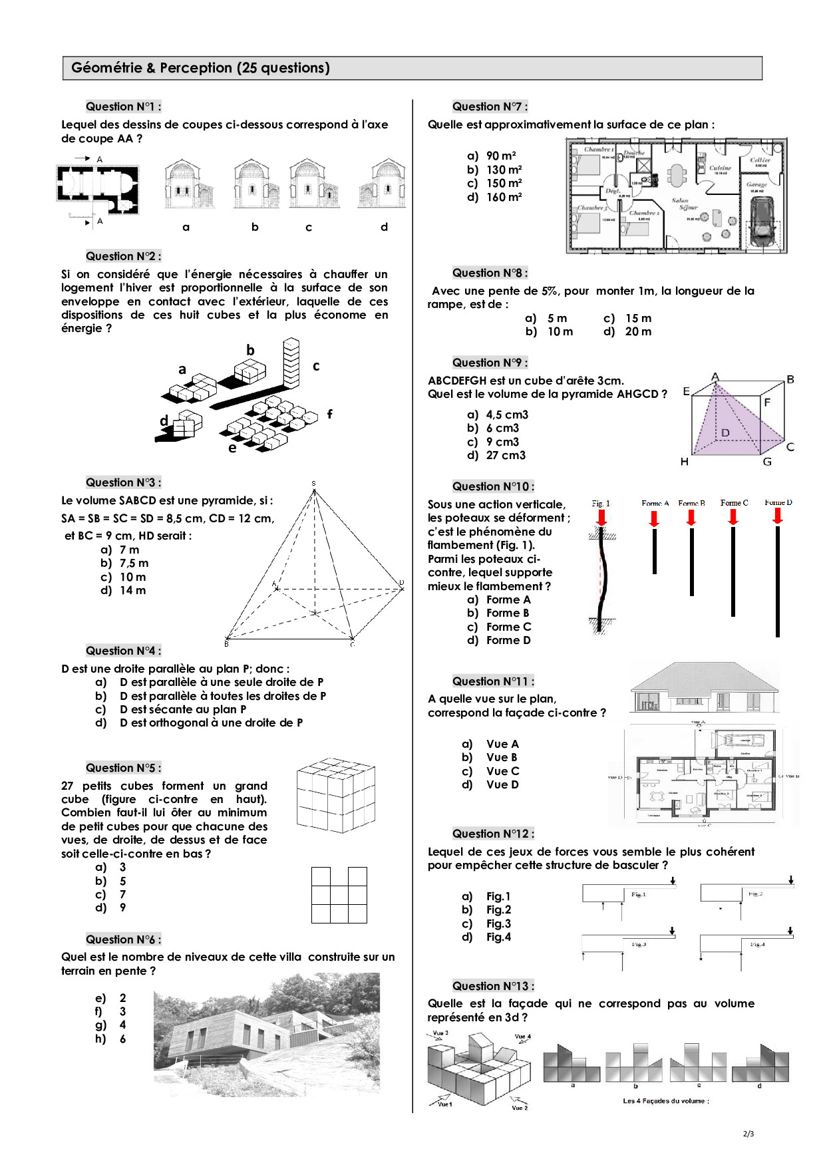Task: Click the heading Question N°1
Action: [123, 106]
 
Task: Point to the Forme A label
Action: [655, 504]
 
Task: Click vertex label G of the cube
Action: [767, 462]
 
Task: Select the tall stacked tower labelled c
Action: [291, 363]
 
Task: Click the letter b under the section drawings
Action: [255, 227]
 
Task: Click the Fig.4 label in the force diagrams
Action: [757, 944]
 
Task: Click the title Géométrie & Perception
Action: [200, 68]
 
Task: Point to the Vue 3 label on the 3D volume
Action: [440, 1033]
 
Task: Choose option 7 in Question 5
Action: [122, 894]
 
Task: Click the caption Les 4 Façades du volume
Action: [665, 1100]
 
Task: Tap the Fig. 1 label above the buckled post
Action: [601, 504]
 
